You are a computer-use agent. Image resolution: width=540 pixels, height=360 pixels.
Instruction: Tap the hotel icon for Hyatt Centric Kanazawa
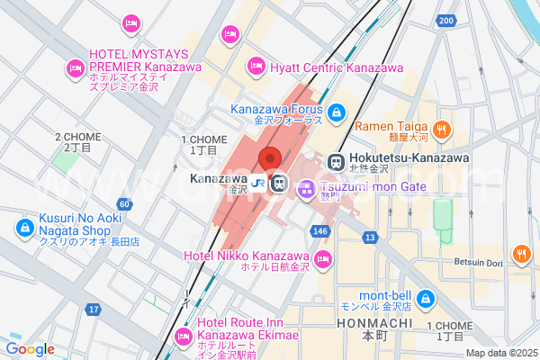[x=256, y=65]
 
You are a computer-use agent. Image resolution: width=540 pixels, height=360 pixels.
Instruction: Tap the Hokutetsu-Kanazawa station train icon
[x=337, y=163]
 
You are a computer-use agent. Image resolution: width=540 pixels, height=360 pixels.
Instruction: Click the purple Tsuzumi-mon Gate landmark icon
[x=305, y=189]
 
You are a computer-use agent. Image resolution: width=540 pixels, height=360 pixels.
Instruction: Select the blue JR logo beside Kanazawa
[x=258, y=184]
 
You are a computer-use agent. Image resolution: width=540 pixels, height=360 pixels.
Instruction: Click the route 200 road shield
[x=445, y=20]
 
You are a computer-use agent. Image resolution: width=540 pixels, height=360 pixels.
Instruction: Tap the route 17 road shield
[x=93, y=310]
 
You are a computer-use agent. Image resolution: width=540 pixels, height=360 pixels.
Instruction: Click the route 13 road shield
[x=370, y=237]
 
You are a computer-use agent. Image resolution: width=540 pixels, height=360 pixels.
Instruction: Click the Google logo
[x=30, y=349]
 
